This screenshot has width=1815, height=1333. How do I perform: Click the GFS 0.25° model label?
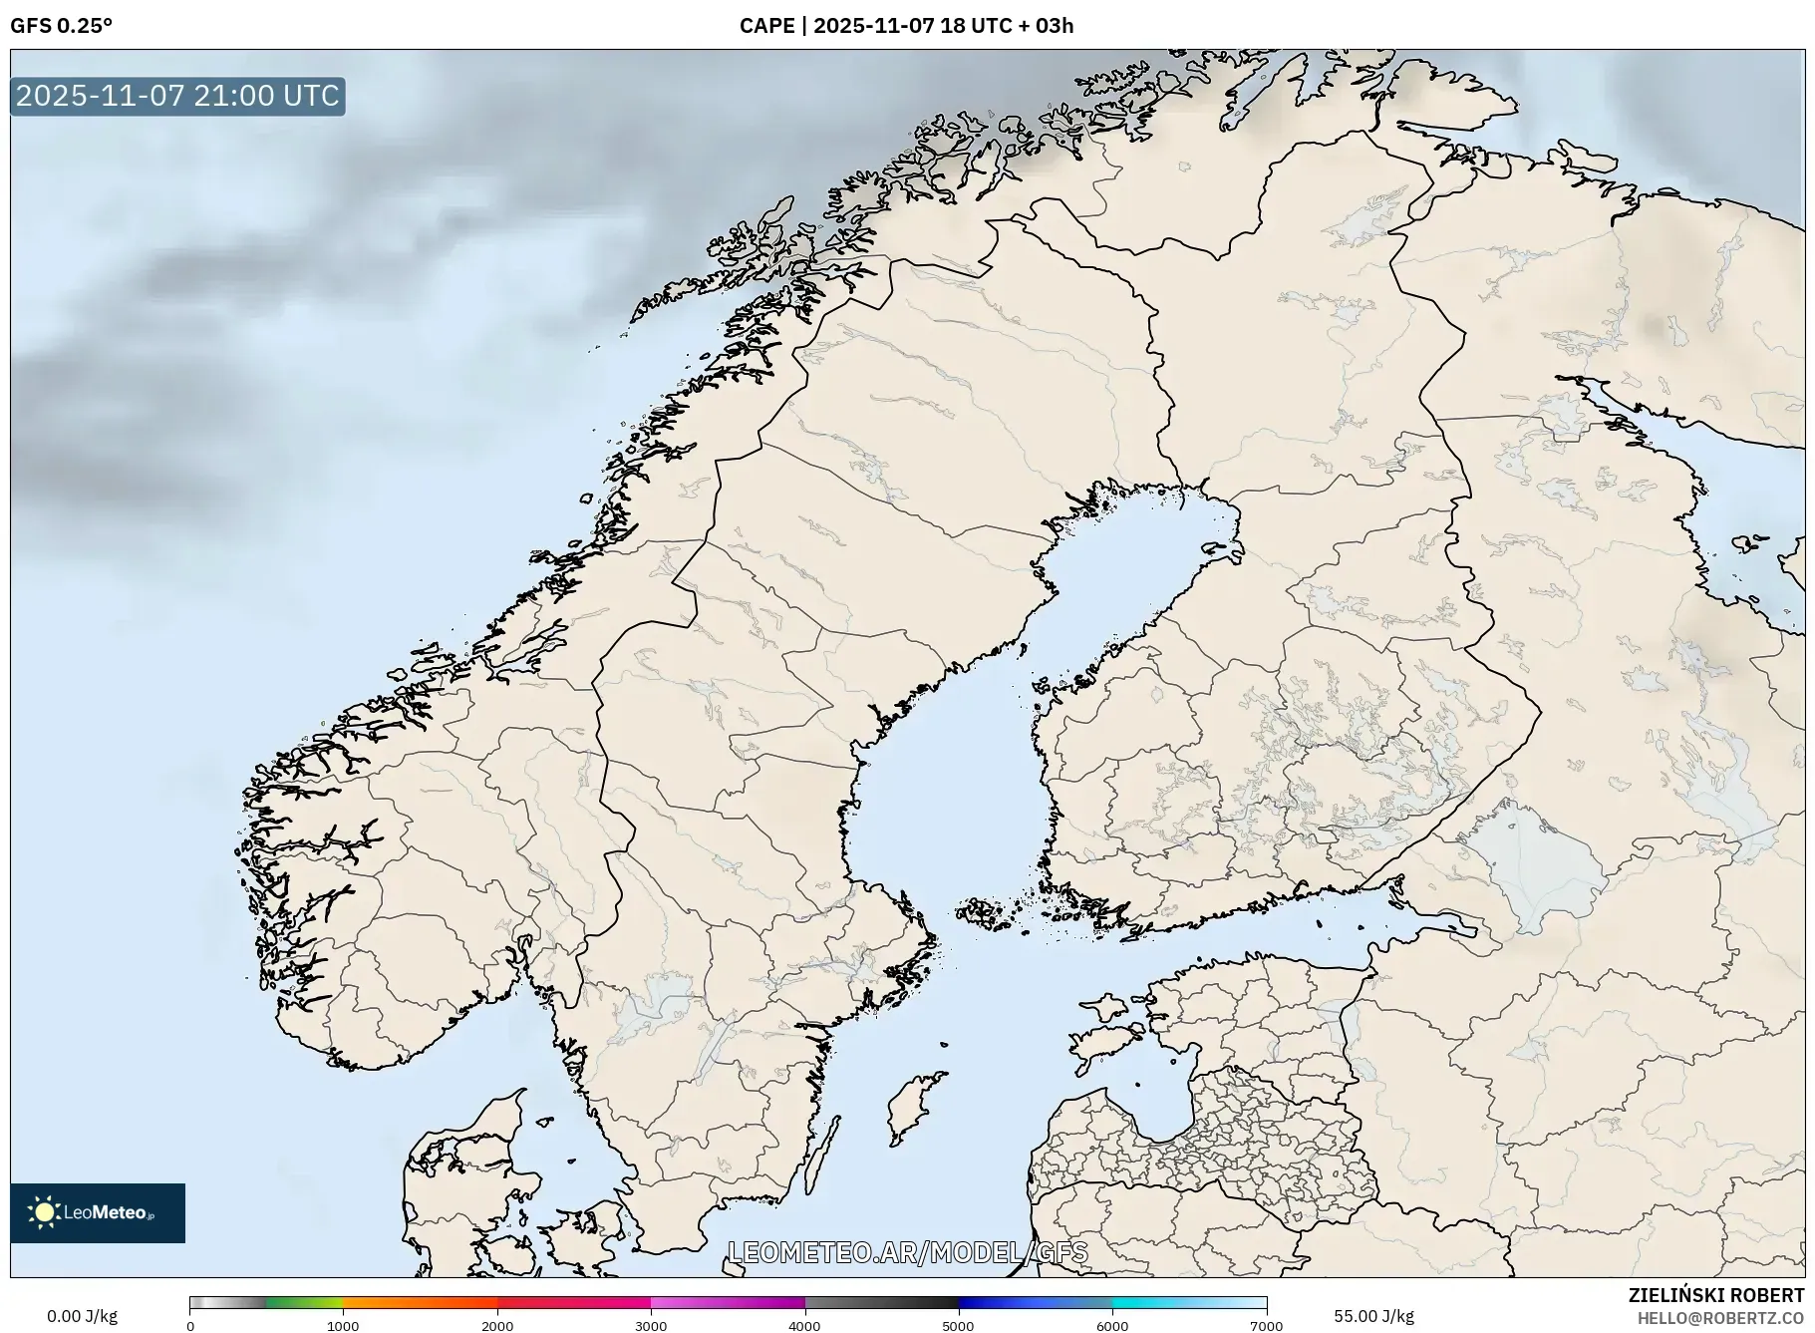click(x=61, y=26)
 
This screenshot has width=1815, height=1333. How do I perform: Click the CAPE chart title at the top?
click(x=906, y=26)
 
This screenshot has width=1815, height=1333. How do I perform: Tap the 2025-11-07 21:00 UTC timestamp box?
click(x=177, y=96)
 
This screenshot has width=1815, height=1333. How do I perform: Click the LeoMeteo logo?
click(x=98, y=1212)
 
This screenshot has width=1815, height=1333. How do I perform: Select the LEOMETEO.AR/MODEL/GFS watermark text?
click(x=907, y=1252)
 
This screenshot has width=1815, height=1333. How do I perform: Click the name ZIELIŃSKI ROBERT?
click(x=1715, y=1295)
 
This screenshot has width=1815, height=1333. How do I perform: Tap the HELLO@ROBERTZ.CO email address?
click(x=1719, y=1318)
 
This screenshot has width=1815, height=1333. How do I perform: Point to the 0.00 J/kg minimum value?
click(x=82, y=1316)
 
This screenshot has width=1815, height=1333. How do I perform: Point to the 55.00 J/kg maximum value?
click(x=1373, y=1316)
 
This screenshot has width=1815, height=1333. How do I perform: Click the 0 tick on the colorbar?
click(x=190, y=1326)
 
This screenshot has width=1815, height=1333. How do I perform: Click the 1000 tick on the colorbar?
click(x=343, y=1326)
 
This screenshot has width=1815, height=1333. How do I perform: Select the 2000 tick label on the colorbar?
click(x=497, y=1326)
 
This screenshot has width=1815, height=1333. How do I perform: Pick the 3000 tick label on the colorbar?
click(x=651, y=1326)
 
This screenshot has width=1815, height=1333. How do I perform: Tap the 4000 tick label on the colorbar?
click(x=804, y=1326)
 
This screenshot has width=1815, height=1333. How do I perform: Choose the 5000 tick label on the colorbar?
click(x=959, y=1326)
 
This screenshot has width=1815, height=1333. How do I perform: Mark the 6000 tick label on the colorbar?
click(x=1112, y=1326)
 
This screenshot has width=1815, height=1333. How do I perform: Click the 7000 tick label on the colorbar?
click(x=1266, y=1326)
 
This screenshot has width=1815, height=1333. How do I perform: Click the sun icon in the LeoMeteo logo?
click(x=44, y=1212)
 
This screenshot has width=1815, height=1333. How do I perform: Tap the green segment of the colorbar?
click(x=304, y=1302)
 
